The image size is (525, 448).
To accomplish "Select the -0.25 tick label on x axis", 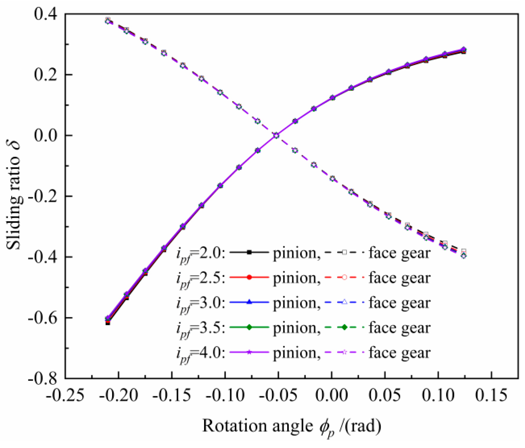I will pyautogui.click(x=65, y=395).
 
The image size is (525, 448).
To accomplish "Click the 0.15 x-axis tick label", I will pyautogui.click(x=491, y=395).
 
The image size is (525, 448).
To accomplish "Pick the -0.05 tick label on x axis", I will pyautogui.click(x=278, y=395).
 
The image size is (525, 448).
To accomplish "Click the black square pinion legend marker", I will pyautogui.click(x=249, y=252).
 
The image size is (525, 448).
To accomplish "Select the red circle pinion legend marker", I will pyautogui.click(x=249, y=277).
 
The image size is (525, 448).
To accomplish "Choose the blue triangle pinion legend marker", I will pyautogui.click(x=249, y=302).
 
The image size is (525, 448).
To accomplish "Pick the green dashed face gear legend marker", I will pyautogui.click(x=344, y=327).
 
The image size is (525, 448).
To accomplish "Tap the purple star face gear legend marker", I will pyautogui.click(x=344, y=352).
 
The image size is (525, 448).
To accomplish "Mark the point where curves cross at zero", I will pyautogui.click(x=276, y=136).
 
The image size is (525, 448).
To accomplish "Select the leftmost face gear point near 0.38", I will pyautogui.click(x=108, y=21).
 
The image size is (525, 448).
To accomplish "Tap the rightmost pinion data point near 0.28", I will pyautogui.click(x=463, y=50).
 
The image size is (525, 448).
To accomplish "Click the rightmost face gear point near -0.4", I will pyautogui.click(x=463, y=255).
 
